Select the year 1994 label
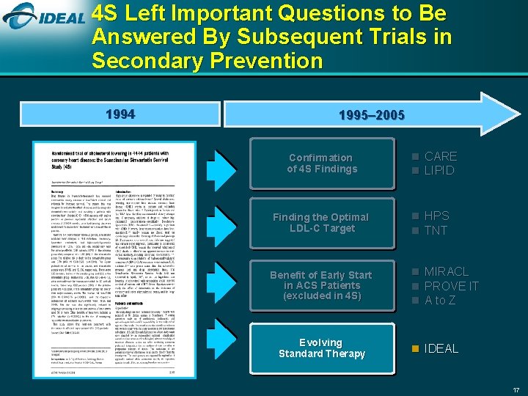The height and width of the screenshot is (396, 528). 120,115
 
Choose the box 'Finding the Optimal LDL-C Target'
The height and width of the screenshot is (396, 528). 320,222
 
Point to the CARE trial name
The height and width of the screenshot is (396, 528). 440,156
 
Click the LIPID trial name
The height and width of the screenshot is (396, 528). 439,171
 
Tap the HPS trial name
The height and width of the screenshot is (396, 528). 437,216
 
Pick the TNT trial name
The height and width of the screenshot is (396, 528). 436,230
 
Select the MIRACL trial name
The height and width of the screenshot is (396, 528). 446,272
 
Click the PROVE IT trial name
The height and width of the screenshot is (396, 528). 451,286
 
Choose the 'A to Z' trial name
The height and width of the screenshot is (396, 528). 441,300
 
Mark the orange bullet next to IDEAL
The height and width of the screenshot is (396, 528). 416,348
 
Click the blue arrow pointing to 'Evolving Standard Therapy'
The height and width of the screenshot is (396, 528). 219,348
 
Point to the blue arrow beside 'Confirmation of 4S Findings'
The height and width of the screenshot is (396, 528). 219,163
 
